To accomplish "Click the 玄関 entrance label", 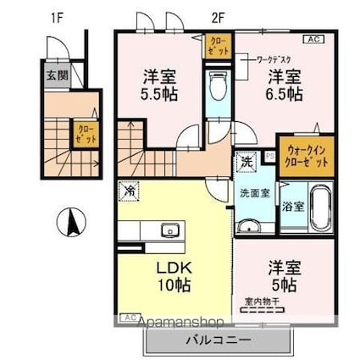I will click(x=52, y=74).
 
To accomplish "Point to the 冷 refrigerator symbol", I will click(x=130, y=192).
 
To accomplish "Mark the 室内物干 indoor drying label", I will click(x=262, y=300).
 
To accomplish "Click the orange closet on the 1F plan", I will click(x=86, y=134).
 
